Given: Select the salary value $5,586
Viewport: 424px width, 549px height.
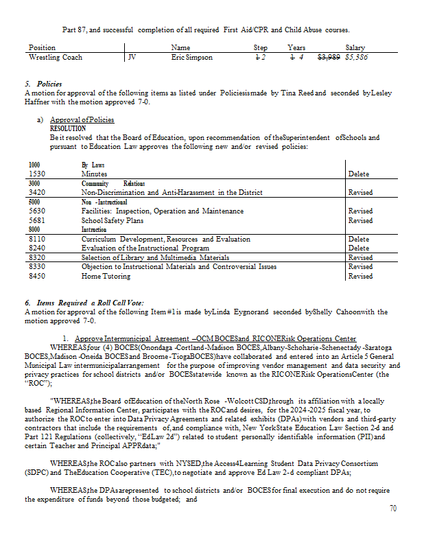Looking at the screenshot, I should tap(357, 58).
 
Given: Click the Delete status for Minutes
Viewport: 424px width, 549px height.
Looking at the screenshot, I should tap(359, 174).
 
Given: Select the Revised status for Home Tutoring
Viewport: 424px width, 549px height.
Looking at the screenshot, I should tap(361, 276).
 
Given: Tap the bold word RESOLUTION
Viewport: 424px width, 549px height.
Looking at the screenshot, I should tap(68, 128).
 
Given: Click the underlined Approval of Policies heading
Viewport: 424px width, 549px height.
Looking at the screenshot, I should tap(82, 120).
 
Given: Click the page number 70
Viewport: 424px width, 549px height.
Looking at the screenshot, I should tap(392, 509).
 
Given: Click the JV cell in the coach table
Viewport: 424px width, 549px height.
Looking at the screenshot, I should tap(134, 58).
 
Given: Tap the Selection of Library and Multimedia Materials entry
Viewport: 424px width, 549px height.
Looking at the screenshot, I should tap(155, 257).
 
